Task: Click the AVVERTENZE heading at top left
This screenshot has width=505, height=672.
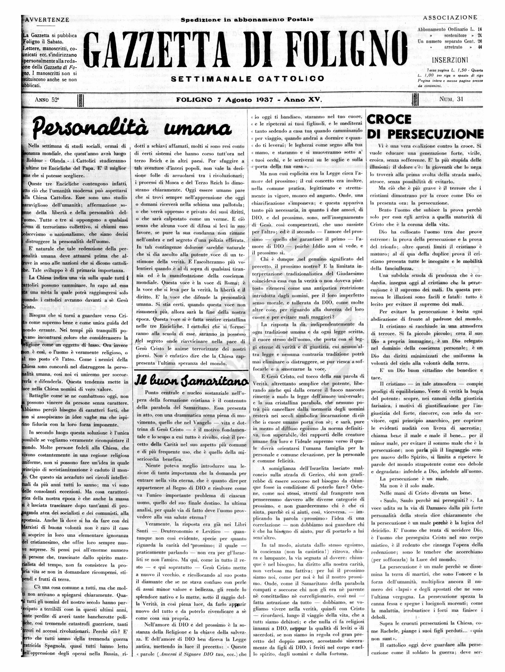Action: point(47,20)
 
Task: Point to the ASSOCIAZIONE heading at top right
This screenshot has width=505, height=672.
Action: point(450,18)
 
